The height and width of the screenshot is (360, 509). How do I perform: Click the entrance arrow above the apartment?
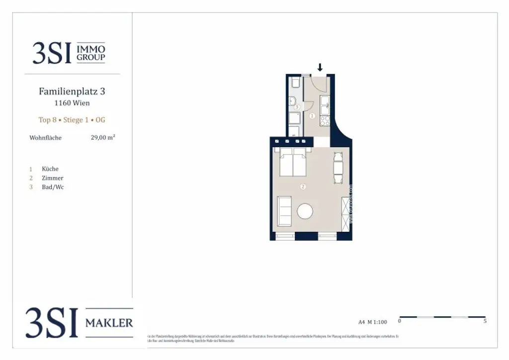point(320,67)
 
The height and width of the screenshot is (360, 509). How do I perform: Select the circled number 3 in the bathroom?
point(297,107)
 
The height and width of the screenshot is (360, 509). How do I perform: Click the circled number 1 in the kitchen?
point(312,116)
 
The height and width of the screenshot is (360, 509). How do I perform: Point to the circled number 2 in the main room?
point(303,187)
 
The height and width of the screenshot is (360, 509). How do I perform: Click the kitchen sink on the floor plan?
point(325,103)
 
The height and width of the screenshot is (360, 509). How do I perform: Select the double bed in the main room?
point(293,163)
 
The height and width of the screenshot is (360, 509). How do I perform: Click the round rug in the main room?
point(305,211)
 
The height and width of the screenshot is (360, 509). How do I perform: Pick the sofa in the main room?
point(284,211)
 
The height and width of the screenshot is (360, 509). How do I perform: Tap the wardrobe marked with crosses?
point(346,213)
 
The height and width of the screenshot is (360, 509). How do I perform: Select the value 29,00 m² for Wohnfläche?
point(103,138)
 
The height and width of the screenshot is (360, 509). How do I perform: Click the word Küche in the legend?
point(50,169)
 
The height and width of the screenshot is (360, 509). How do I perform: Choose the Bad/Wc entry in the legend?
point(53,187)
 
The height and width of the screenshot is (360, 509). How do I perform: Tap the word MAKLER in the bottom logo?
point(109,323)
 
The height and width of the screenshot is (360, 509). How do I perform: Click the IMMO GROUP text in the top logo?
point(91,53)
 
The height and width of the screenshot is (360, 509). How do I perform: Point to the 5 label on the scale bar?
point(485,321)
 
